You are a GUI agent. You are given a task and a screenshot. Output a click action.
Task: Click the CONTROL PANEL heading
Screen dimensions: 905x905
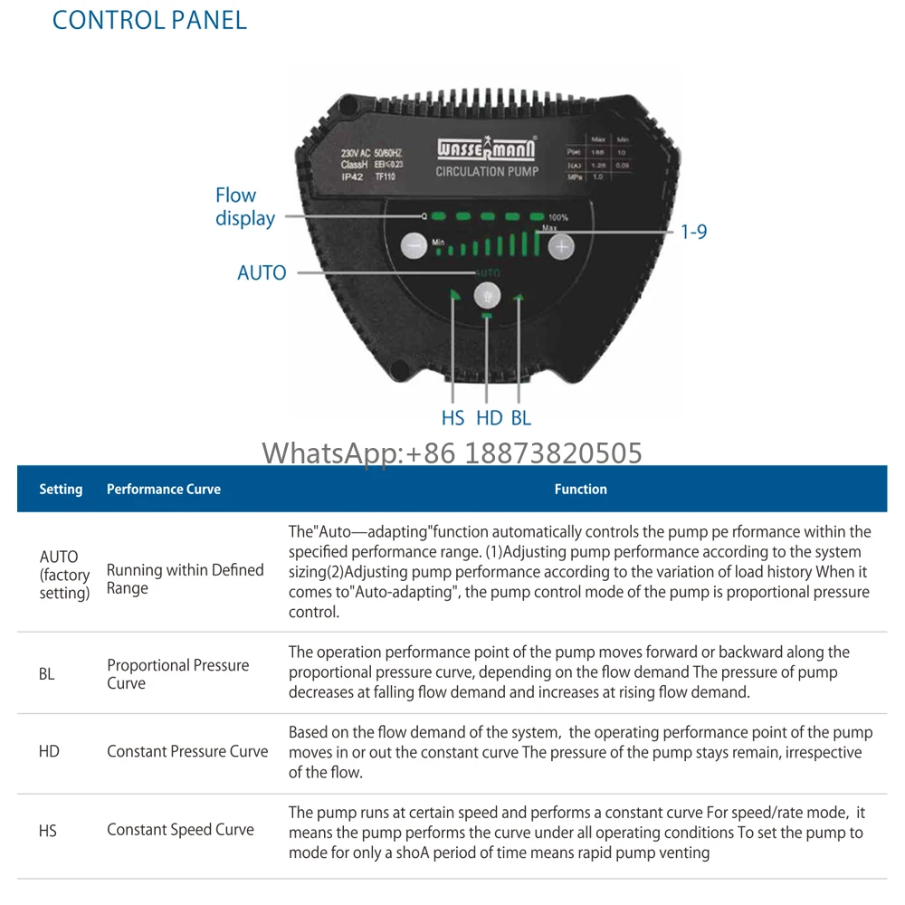tap(149, 20)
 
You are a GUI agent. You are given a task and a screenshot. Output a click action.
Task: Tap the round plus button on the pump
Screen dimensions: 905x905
tap(562, 245)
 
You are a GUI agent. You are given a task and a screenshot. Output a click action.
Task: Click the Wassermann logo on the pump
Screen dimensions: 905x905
tap(486, 148)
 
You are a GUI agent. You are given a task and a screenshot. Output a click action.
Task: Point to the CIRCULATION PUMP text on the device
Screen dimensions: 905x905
tap(487, 171)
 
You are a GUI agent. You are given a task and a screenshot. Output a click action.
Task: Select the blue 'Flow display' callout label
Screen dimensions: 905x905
tap(244, 207)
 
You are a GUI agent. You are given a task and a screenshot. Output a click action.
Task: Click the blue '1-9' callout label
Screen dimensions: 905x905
tap(693, 232)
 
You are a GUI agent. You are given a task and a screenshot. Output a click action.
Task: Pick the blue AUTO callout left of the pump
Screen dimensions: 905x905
tap(262, 272)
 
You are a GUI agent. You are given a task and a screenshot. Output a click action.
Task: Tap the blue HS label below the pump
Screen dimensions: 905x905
tap(452, 418)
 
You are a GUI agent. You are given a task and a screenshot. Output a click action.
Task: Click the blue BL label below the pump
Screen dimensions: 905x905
tap(521, 418)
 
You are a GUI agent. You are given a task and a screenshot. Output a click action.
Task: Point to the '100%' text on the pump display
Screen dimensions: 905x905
tap(558, 218)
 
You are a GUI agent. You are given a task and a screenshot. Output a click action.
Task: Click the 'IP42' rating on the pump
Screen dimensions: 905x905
tap(352, 177)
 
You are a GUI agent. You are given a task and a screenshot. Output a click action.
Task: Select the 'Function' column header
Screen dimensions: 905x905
tap(580, 489)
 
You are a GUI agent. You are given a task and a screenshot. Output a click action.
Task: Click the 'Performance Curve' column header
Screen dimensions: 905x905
tap(164, 489)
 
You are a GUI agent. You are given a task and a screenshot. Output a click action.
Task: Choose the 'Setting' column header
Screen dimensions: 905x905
tap(61, 489)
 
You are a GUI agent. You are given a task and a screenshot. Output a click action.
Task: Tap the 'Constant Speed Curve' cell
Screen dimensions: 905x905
tap(180, 829)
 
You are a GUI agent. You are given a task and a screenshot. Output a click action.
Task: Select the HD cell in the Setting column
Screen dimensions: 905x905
tap(49, 751)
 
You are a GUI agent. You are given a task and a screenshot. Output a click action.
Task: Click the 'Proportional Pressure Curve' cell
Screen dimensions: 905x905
tap(177, 674)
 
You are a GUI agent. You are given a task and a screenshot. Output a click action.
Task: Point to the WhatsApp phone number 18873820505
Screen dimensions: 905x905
tap(553, 452)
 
